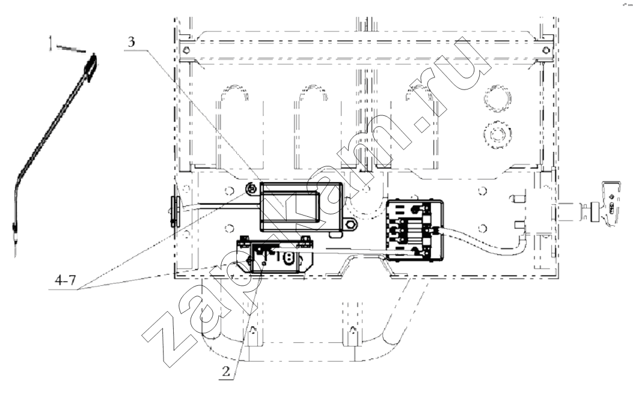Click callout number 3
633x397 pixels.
(131, 42)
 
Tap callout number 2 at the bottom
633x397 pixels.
(226, 371)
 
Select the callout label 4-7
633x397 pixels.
(65, 280)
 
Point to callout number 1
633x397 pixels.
(51, 43)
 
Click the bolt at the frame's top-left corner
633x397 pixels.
(185, 50)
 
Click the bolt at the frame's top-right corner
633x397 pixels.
(545, 50)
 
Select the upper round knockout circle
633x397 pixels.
(497, 98)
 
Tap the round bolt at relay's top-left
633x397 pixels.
(251, 188)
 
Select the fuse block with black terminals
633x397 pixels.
(414, 230)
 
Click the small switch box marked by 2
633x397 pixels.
(276, 256)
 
